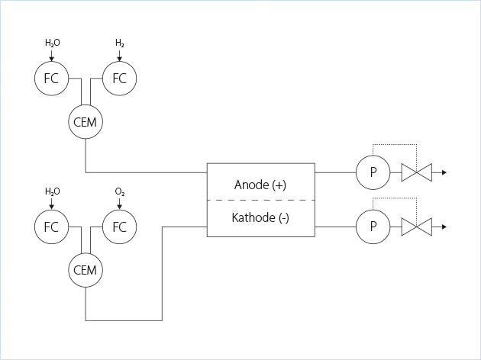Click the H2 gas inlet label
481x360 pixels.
click(x=120, y=43)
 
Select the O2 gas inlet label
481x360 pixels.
click(x=120, y=192)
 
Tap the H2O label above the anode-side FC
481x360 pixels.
click(x=52, y=43)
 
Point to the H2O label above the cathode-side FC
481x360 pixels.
click(x=52, y=192)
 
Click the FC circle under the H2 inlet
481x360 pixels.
click(x=119, y=78)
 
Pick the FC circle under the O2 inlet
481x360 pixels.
click(x=119, y=227)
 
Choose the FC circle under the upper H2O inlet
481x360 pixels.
click(x=51, y=78)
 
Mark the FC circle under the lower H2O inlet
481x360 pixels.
click(x=51, y=227)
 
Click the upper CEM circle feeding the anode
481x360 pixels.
click(x=86, y=122)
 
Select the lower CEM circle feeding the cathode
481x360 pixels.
click(x=86, y=270)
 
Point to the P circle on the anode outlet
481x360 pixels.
click(x=373, y=172)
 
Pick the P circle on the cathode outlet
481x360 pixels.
click(x=373, y=227)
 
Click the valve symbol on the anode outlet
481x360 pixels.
click(x=416, y=172)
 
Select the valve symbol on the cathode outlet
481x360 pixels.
click(x=416, y=227)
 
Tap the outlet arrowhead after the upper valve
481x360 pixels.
click(x=444, y=172)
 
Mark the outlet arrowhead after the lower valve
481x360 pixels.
click(x=444, y=227)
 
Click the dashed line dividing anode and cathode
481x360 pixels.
click(x=260, y=200)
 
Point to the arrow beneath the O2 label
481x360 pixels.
click(x=120, y=205)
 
